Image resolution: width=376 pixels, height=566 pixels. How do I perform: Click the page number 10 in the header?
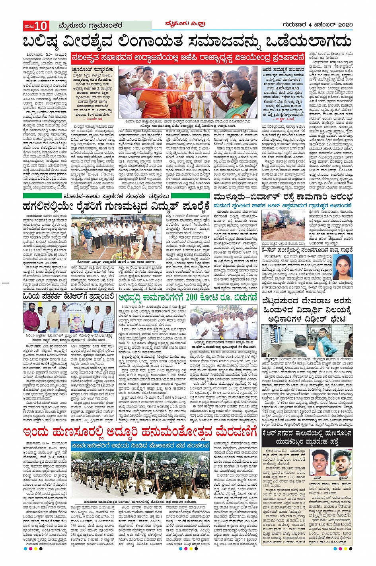(41, 26)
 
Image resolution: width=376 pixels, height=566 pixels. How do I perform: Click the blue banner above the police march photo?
(140, 446)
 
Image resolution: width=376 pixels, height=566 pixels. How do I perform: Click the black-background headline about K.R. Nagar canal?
(307, 438)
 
